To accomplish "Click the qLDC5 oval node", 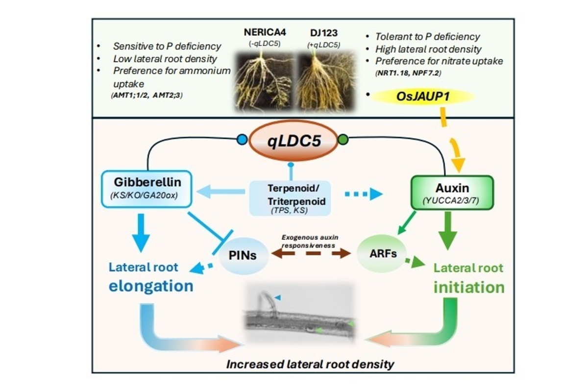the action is (x=293, y=140).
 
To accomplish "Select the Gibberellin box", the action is (x=147, y=189).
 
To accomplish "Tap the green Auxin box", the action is (x=452, y=193).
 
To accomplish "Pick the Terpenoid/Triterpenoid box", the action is (x=290, y=198).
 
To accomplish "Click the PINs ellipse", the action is (x=244, y=256).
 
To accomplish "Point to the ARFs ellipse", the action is (x=382, y=253).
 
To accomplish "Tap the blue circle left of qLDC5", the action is (x=242, y=140).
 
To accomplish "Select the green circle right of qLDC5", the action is (x=343, y=140).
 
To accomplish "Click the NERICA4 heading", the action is (x=265, y=32).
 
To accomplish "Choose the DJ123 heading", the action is (x=324, y=33).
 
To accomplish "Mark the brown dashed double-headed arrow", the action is (x=311, y=254).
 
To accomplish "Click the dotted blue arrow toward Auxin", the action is (x=364, y=194).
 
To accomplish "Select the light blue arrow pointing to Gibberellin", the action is (x=220, y=192).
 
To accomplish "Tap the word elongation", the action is (x=151, y=286).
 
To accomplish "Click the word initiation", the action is (x=469, y=287).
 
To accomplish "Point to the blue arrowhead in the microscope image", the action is (x=277, y=297).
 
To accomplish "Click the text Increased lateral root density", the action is (x=310, y=364).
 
